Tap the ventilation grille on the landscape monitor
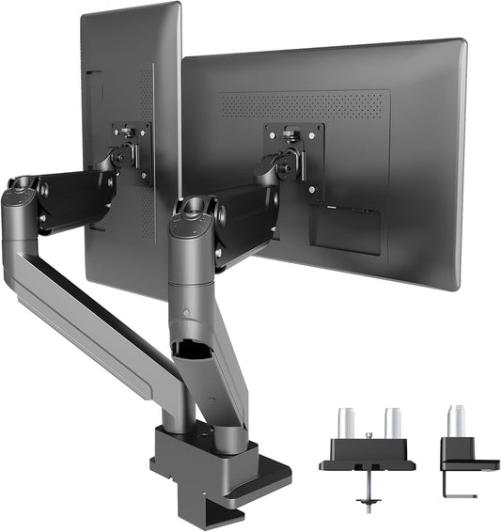coord(305,104)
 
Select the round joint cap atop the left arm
coord(22,187)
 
